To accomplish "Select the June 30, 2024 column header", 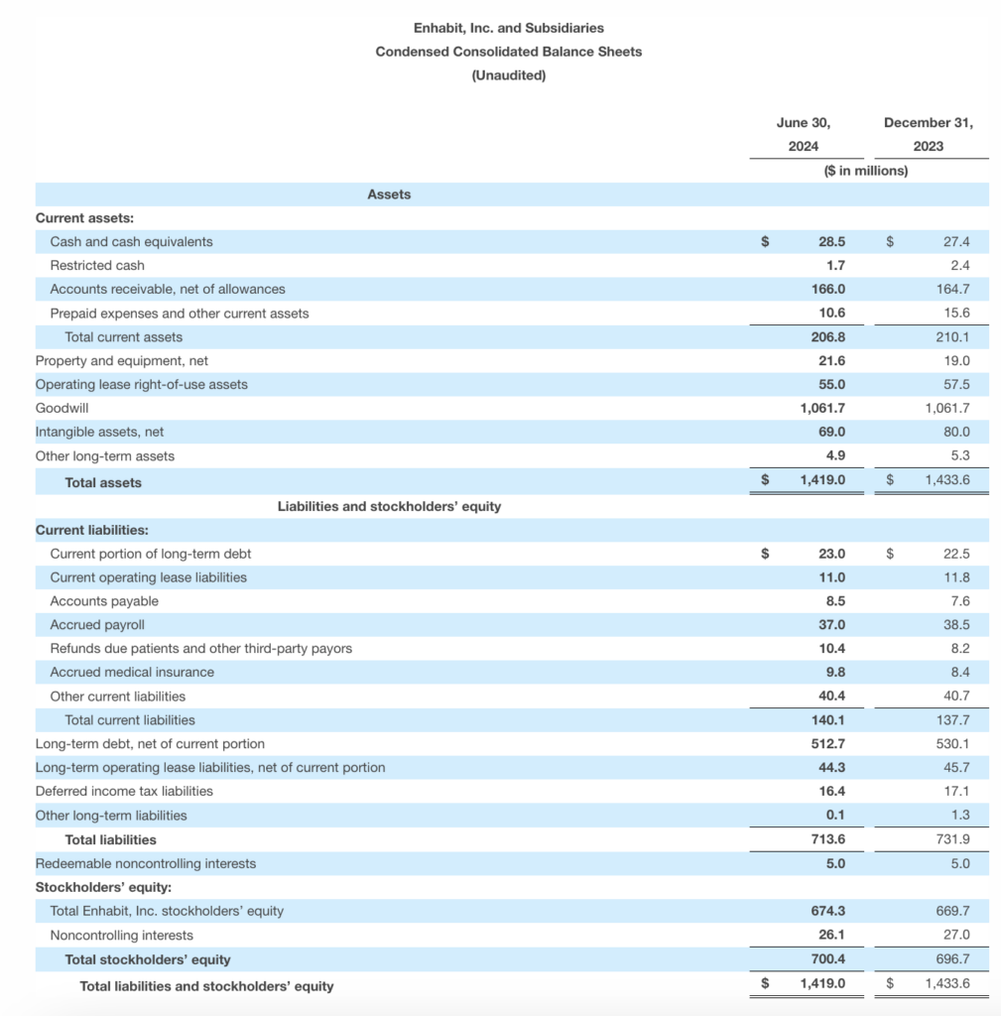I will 804,134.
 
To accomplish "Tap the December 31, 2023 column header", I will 928,134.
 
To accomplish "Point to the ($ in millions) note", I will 865,171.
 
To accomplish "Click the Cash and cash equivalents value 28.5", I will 831,241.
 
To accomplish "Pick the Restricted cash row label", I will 97,265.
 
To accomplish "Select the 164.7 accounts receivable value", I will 952,289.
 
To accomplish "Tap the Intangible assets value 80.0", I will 956,432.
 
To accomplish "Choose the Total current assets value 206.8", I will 828,336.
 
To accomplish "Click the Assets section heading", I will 389,194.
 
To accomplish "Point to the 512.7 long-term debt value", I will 828,743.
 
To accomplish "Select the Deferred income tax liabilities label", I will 124,791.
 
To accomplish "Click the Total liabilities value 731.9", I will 952,839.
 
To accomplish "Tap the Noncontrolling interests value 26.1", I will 831,935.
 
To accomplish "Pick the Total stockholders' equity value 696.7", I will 952,959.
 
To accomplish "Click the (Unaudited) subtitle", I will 508,75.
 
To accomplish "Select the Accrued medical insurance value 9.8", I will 835,672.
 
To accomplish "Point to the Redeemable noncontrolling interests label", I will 146,863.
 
